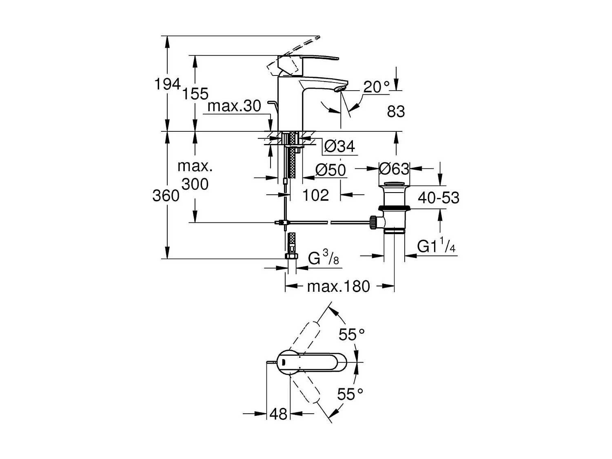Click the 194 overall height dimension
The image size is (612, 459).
[x=167, y=84]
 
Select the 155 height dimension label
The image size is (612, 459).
[x=195, y=94]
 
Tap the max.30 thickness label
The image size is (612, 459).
[x=234, y=106]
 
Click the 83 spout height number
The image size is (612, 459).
[x=396, y=111]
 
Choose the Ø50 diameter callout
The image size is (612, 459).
[x=330, y=170]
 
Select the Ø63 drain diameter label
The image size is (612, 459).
[x=394, y=169]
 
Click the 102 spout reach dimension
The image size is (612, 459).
[x=315, y=195]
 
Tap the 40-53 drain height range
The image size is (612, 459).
[x=439, y=198]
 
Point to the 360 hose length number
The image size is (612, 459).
[x=166, y=196]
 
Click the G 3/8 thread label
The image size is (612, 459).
[x=324, y=258]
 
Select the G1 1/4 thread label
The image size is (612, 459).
[x=436, y=246]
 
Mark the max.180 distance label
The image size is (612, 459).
[x=338, y=286]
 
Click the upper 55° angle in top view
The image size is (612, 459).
[x=352, y=335]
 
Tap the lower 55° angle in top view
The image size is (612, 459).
[x=350, y=394]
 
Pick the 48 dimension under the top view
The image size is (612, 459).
[x=279, y=414]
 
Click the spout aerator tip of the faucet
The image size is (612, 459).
[x=340, y=88]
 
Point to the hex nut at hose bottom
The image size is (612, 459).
[x=291, y=256]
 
